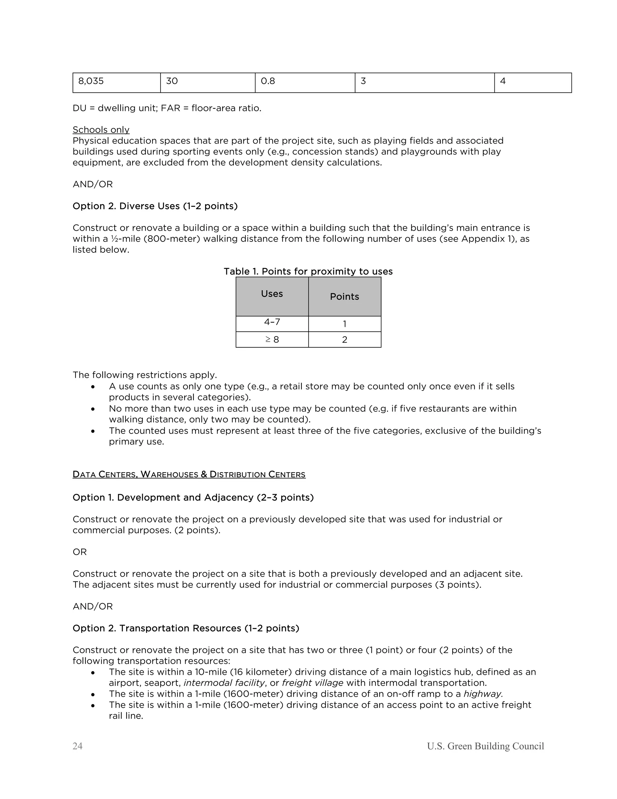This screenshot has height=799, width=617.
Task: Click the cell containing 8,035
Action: coord(116,83)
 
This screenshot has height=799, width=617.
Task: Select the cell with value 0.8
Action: coord(305,83)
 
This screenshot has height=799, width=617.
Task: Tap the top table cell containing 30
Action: coord(207,83)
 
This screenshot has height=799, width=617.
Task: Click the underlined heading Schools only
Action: coord(101,130)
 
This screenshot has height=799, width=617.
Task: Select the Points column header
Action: coord(344,296)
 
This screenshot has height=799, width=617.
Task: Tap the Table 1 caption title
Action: coord(308,271)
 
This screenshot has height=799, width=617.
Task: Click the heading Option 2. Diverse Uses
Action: coord(155,206)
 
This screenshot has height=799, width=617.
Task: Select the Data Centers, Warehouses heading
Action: coord(189,475)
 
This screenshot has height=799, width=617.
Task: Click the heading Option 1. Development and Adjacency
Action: coord(193,497)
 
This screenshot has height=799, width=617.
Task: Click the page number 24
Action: coord(77,746)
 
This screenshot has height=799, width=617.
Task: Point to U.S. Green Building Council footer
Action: coord(485,746)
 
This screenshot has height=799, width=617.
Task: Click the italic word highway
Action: coord(483,694)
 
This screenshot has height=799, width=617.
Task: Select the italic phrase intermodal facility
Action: coord(224,683)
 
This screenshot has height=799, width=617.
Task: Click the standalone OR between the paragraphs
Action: coord(80,552)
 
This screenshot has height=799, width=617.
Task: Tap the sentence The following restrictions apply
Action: coord(145,375)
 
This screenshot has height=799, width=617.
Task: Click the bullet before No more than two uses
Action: coord(93,409)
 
